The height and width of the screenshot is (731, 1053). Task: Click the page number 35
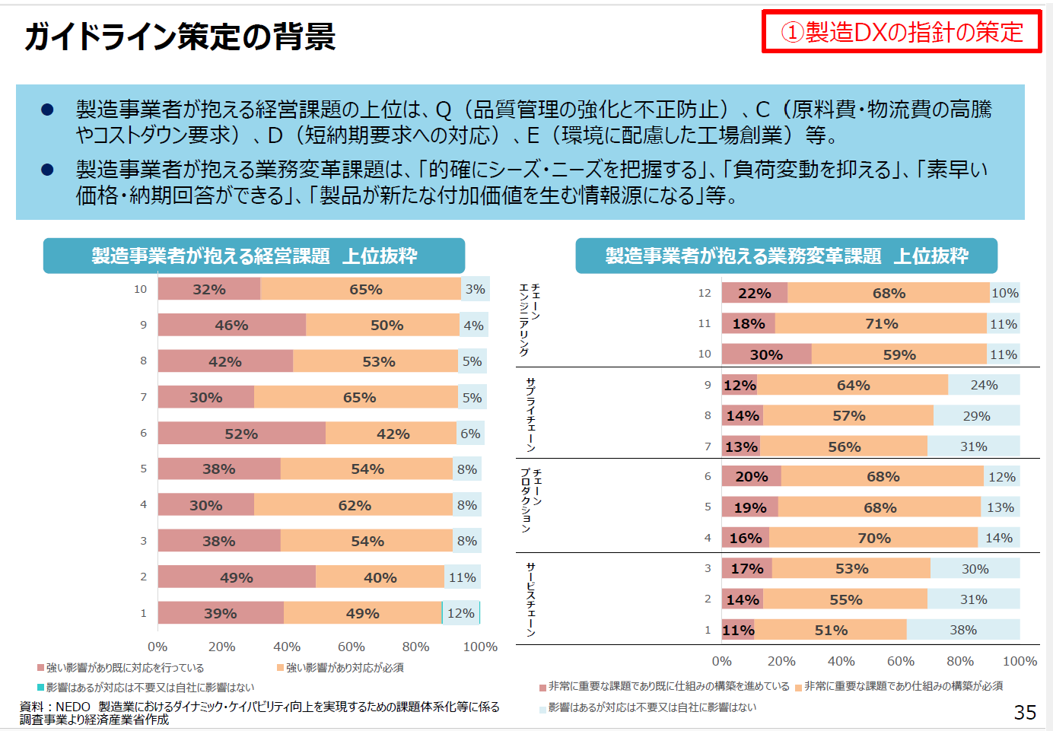(x=1025, y=712)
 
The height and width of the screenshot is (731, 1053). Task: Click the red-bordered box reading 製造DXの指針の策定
(x=902, y=32)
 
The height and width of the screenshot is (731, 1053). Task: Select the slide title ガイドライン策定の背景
(x=180, y=37)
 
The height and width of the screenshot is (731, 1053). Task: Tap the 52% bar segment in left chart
(x=241, y=434)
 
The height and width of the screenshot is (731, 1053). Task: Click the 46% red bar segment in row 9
(x=231, y=325)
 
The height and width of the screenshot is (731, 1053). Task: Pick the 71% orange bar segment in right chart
(x=881, y=324)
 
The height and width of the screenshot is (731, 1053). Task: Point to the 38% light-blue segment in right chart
(x=962, y=630)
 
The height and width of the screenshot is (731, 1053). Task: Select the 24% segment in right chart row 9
(x=984, y=385)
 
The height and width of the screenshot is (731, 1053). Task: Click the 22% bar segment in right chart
(x=754, y=293)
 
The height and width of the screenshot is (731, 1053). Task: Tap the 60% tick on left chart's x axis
(x=351, y=647)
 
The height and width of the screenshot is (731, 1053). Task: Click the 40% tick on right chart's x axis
(x=841, y=661)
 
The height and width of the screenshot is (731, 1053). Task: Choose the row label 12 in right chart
(x=705, y=293)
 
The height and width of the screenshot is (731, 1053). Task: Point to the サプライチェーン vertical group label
(x=530, y=415)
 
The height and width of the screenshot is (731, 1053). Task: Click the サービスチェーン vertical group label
(x=530, y=599)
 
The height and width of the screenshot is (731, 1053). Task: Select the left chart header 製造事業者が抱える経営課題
(x=254, y=256)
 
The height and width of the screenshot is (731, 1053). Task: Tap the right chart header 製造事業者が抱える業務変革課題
(x=786, y=256)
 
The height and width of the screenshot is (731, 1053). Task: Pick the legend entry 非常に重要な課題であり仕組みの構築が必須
(x=902, y=686)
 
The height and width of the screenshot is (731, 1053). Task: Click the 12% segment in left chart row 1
(x=460, y=613)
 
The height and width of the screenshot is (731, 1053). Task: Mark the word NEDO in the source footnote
(x=73, y=707)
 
